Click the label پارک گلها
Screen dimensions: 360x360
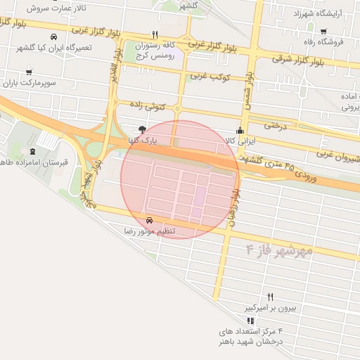click(x=143, y=141)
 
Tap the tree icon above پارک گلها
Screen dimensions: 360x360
click(x=143, y=129)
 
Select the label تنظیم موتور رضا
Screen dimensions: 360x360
click(x=150, y=231)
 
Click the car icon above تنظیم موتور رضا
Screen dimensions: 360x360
click(x=150, y=219)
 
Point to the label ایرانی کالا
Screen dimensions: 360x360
click(x=239, y=141)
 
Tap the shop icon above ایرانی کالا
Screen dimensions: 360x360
click(x=240, y=130)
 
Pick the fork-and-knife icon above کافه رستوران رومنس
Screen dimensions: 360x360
click(x=154, y=34)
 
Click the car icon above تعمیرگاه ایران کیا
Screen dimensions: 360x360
click(x=54, y=37)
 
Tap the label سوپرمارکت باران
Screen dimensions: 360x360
click(x=28, y=83)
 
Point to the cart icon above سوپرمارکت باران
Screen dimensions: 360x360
click(x=28, y=72)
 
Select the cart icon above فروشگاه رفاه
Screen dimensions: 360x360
click(x=323, y=31)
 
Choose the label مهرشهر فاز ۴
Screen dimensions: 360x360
click(x=278, y=249)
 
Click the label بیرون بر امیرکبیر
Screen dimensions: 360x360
click(x=271, y=308)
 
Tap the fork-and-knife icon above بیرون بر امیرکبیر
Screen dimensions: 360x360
click(x=271, y=297)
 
